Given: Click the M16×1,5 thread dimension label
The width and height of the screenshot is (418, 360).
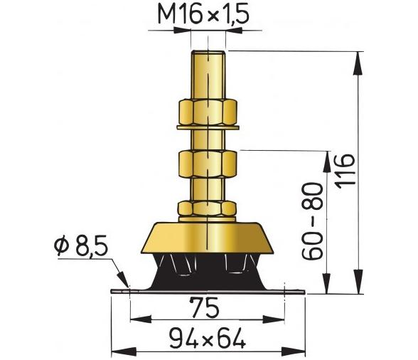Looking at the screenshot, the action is (203, 14).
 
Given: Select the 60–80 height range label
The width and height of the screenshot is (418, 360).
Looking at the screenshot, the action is (312, 221).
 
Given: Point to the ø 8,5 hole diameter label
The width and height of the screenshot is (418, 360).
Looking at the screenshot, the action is (81, 246).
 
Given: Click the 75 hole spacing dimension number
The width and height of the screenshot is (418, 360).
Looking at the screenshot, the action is (204, 307).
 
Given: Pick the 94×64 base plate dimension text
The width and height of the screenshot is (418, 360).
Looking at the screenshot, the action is (208, 338).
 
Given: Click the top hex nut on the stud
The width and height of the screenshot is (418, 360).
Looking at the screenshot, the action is (208, 112).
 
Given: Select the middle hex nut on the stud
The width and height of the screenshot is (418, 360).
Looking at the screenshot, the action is (208, 164).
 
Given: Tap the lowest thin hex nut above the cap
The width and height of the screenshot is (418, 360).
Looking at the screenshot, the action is (207, 208).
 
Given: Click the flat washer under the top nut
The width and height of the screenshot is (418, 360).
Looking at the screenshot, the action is (208, 127).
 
